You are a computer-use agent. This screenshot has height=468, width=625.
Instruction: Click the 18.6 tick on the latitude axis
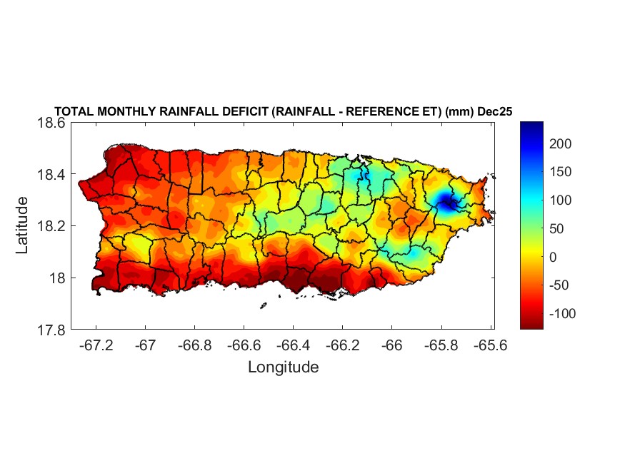pos(51,123)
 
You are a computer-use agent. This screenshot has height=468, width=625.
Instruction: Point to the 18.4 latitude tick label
pos(51,175)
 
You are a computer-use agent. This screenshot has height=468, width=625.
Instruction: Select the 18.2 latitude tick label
pos(51,226)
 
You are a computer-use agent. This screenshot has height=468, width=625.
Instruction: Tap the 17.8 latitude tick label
pos(51,330)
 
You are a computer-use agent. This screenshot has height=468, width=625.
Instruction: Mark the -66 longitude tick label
pos(391,345)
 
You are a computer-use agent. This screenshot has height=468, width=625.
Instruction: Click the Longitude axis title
pos(283,367)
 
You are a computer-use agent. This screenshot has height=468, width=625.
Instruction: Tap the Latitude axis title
pos(22,225)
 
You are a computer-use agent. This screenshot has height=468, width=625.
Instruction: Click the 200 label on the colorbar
pos(561,144)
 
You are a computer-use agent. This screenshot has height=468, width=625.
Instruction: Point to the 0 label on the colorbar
pos(552,257)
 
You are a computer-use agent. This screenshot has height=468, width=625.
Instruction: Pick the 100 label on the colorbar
pos(561,200)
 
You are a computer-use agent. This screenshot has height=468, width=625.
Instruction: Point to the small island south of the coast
pos(263,305)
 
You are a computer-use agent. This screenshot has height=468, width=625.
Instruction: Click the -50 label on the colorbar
pos(559,285)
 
